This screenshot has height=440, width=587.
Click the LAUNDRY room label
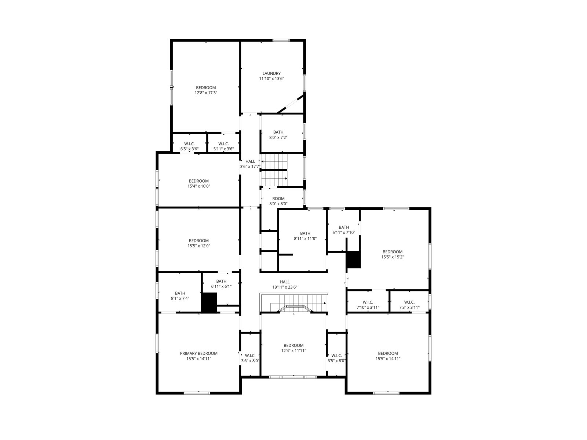pos(271,73)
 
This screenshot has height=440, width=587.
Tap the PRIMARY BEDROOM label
pos(199,353)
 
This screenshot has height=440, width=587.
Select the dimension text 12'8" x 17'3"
pos(206,93)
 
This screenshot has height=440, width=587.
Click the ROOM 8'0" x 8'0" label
pos(278,201)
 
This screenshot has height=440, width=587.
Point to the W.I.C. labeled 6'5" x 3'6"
pos(189,146)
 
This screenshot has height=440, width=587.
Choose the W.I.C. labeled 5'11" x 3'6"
pos(223,146)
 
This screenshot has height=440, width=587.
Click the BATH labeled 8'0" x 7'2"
pos(278,135)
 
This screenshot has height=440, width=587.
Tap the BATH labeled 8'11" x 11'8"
pos(305,236)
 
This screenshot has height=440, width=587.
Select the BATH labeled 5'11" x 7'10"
pos(344,230)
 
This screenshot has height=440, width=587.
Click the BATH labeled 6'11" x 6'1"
pos(222,284)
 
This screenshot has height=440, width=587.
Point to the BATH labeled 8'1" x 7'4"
pos(180,296)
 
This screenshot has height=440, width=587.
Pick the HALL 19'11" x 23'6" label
pos(285,285)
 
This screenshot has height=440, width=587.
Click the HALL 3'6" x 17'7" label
pos(250,164)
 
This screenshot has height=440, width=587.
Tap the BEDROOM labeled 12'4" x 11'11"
pos(293,348)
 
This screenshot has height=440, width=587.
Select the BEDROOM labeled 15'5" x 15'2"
pos(393,254)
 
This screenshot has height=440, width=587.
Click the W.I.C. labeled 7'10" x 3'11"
pos(368,305)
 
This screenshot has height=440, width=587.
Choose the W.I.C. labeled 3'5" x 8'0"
pos(336,358)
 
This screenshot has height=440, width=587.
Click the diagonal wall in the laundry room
pos(291,104)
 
